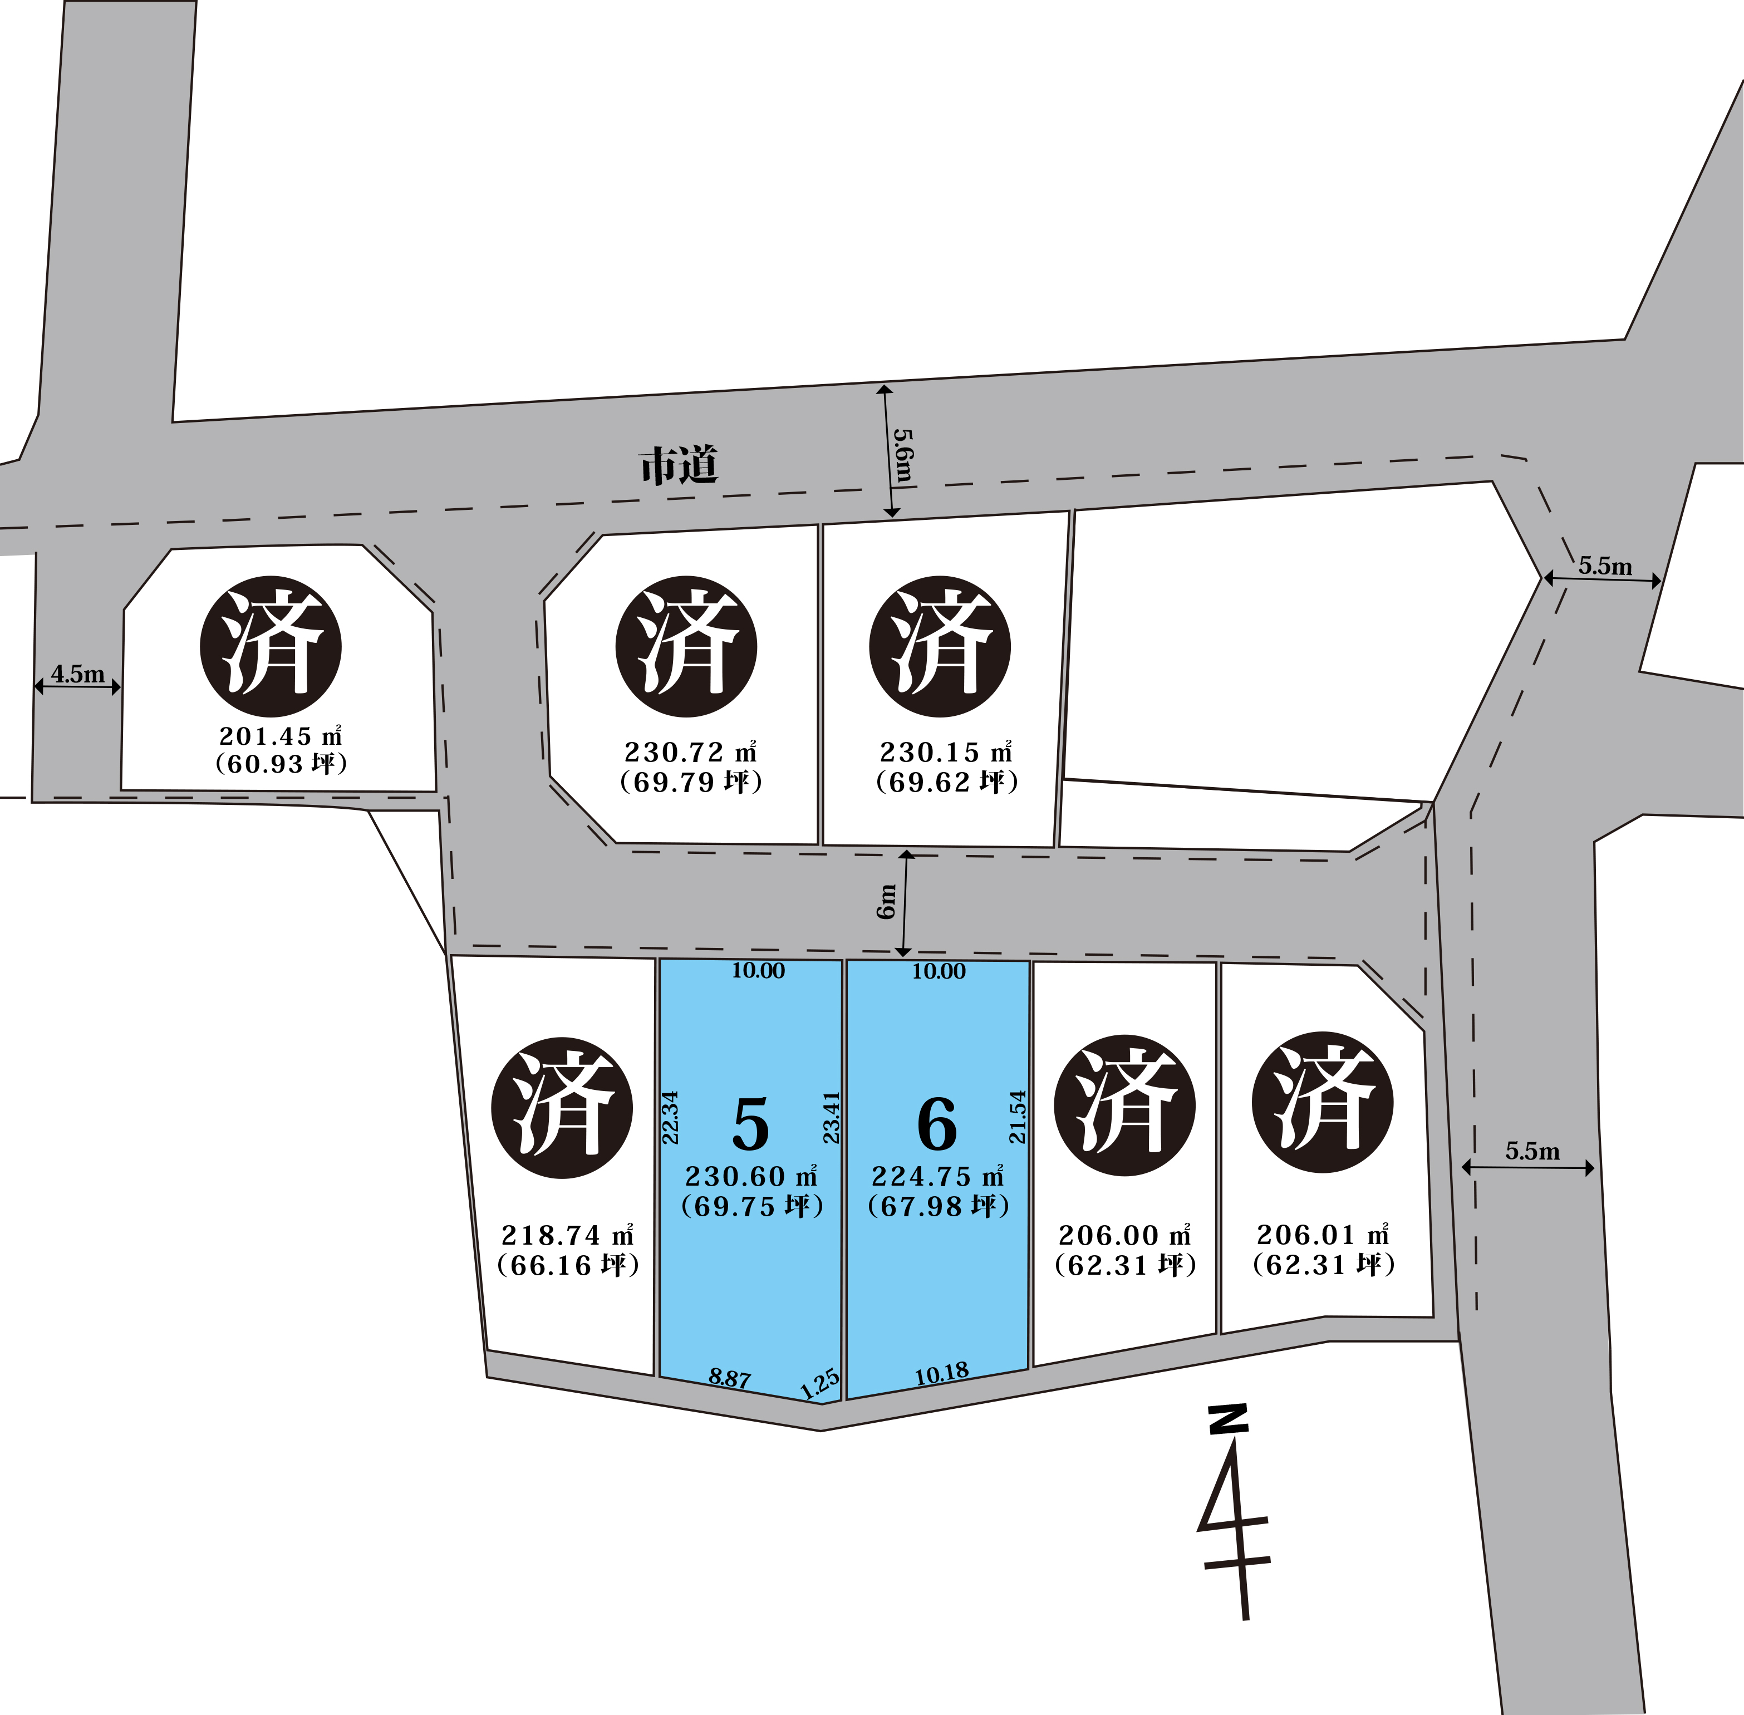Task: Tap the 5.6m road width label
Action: tap(903, 455)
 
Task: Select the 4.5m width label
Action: tap(77, 674)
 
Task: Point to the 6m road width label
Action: tap(887, 901)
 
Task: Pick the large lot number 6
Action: tap(937, 1124)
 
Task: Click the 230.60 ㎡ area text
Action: tap(751, 1176)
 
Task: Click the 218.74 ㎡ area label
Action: tap(568, 1235)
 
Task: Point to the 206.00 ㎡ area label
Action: tap(1124, 1235)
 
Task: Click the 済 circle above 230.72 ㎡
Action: tap(686, 647)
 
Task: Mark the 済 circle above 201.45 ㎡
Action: tap(270, 647)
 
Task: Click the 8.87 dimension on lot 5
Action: tap(730, 1378)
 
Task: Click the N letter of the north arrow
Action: tap(1229, 1421)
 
